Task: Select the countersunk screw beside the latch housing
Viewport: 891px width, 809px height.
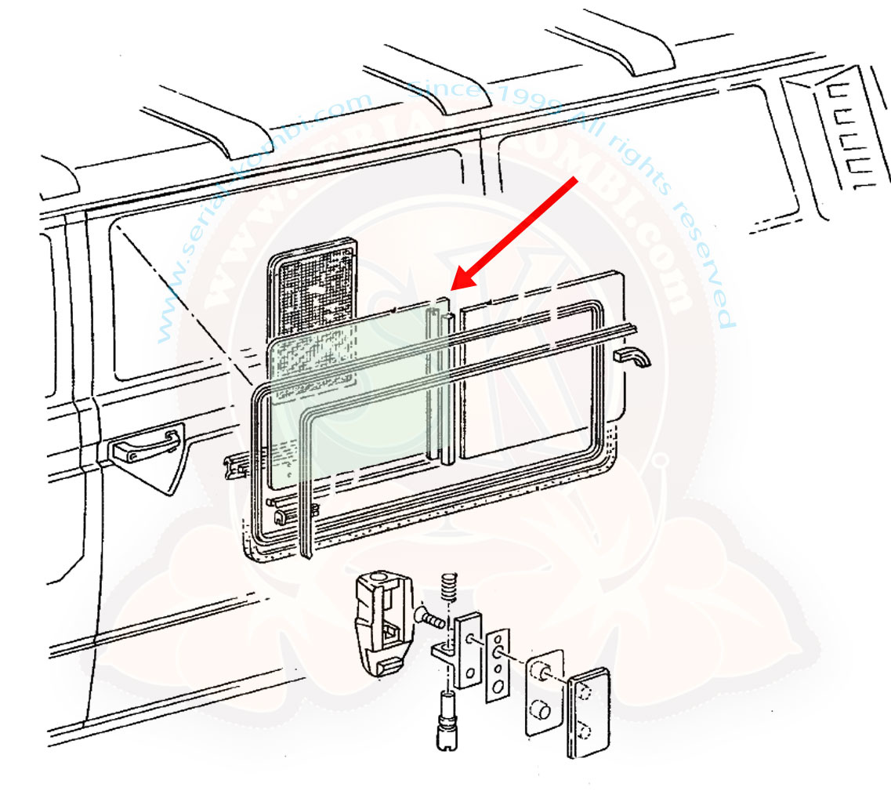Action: click(x=430, y=619)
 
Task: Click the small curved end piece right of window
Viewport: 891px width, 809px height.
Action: click(x=634, y=358)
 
